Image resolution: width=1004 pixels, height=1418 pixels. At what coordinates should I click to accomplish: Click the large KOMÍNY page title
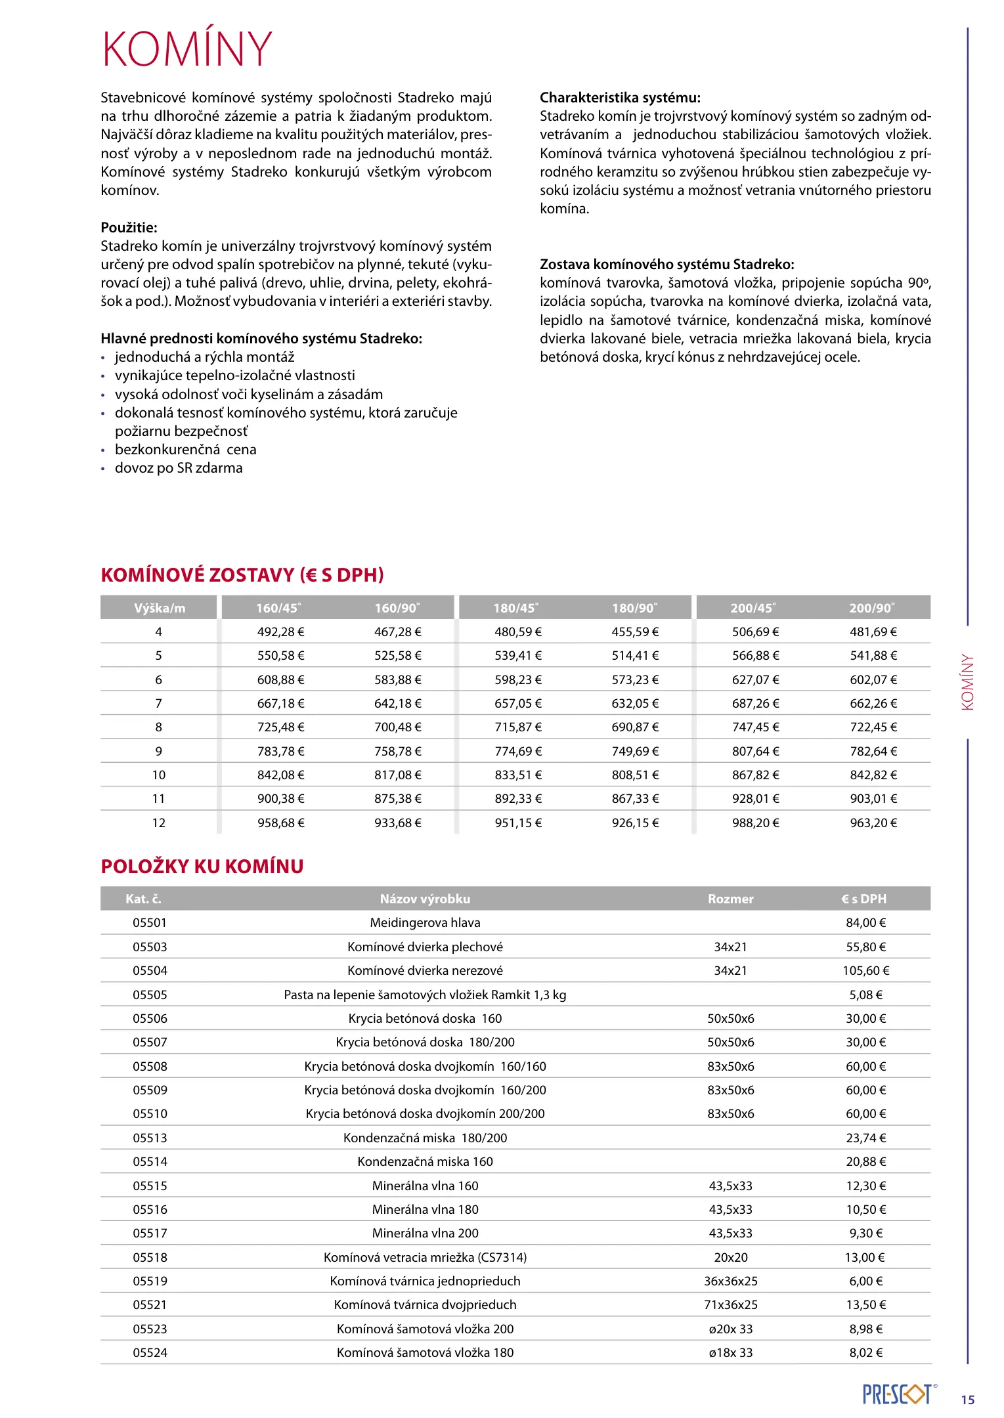pos(187,49)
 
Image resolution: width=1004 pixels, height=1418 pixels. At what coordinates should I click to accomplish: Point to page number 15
pos(967,1400)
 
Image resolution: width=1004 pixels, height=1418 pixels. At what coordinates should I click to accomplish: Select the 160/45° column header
pos(278,608)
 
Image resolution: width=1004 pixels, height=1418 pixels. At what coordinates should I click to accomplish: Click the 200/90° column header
pos(871,608)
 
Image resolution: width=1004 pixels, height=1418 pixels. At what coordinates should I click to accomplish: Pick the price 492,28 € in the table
pos(280,632)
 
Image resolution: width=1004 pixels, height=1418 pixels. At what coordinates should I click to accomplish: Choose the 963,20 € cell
pos(873,823)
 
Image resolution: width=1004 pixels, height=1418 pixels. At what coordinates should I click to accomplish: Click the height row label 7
pos(158,704)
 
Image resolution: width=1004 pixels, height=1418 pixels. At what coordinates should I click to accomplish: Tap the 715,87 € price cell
pos(518,727)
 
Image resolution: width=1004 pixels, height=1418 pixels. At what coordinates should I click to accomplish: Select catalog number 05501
pos(150,923)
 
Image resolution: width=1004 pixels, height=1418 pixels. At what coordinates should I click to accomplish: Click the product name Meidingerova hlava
pos(425,923)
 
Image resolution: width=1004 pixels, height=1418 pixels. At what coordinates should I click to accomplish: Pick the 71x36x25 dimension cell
pos(730,1305)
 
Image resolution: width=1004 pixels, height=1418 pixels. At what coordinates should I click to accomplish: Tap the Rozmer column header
pos(730,899)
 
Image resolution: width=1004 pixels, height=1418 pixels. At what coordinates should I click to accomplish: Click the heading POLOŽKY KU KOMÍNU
pos(202,867)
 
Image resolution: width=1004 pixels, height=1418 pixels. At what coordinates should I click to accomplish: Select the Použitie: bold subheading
pos(129,228)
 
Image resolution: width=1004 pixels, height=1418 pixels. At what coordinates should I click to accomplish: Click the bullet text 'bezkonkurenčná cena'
pos(185,450)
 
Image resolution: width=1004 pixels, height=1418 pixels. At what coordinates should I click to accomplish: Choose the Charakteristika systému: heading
pos(620,98)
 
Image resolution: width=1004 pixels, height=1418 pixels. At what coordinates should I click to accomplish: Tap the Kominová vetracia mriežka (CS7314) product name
pos(425,1257)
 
